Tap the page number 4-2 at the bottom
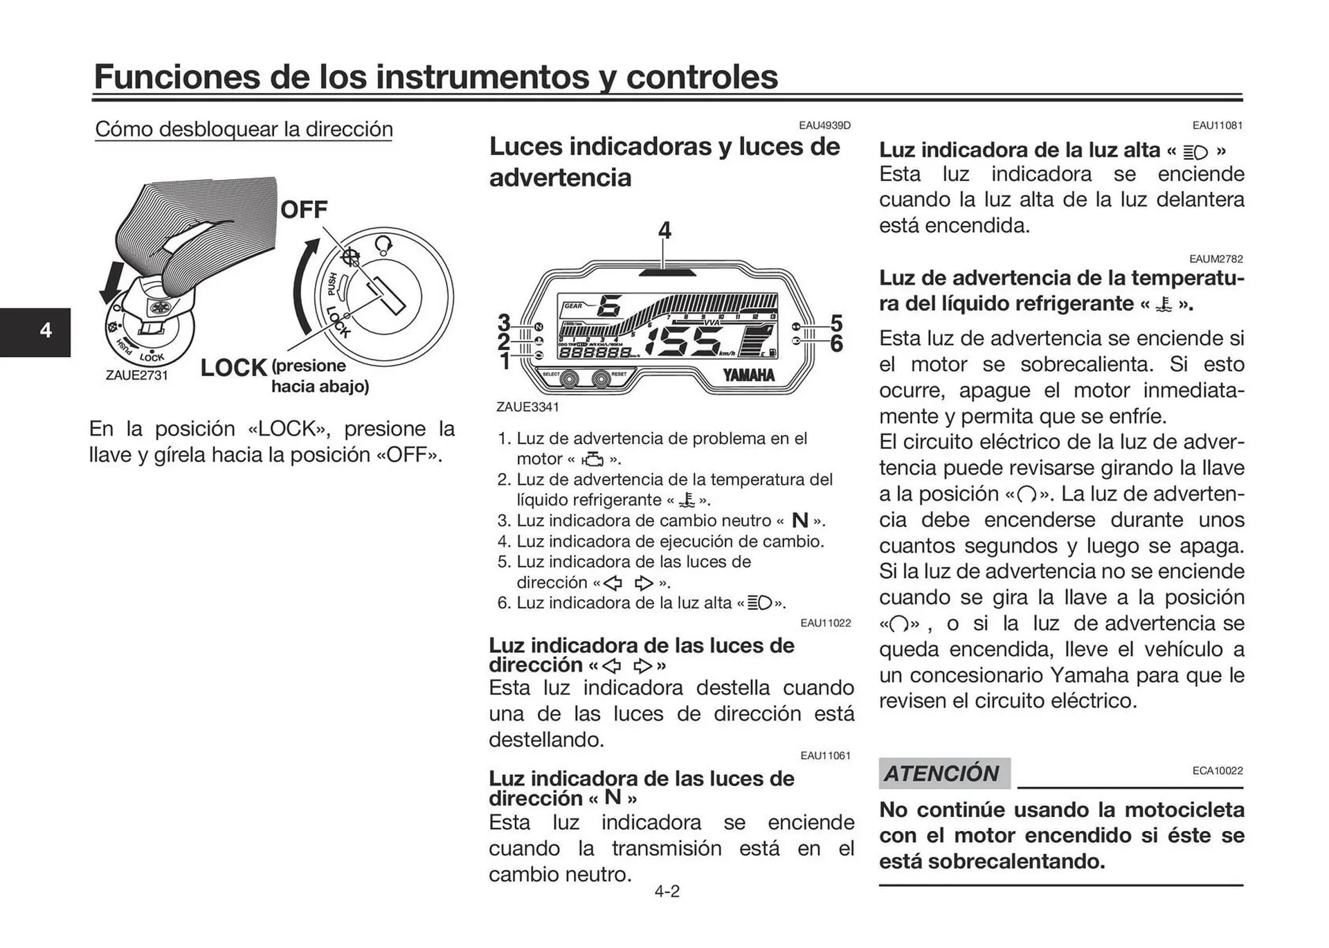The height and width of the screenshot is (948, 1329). pyautogui.click(x=667, y=891)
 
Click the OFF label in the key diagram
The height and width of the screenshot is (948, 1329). pyautogui.click(x=303, y=209)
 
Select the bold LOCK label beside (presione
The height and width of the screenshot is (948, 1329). pyautogui.click(x=233, y=368)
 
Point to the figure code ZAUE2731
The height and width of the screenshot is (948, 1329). pyautogui.click(x=136, y=375)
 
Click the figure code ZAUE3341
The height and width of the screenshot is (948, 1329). pyautogui.click(x=527, y=407)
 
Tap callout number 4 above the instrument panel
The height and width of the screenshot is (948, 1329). pyautogui.click(x=664, y=230)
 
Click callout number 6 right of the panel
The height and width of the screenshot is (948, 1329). pyautogui.click(x=836, y=343)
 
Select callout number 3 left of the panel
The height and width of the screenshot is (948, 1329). pyautogui.click(x=505, y=323)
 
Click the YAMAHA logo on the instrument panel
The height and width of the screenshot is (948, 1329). pyautogui.click(x=749, y=375)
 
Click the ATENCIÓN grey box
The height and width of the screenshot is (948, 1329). pyautogui.click(x=943, y=773)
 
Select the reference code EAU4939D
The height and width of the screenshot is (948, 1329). pyautogui.click(x=824, y=125)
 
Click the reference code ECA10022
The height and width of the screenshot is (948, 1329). pyautogui.click(x=1217, y=771)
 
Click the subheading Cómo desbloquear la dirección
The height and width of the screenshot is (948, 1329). pyautogui.click(x=244, y=129)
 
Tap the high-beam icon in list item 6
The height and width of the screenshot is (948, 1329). pyautogui.click(x=760, y=603)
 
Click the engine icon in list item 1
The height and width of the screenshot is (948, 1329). pyautogui.click(x=593, y=459)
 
